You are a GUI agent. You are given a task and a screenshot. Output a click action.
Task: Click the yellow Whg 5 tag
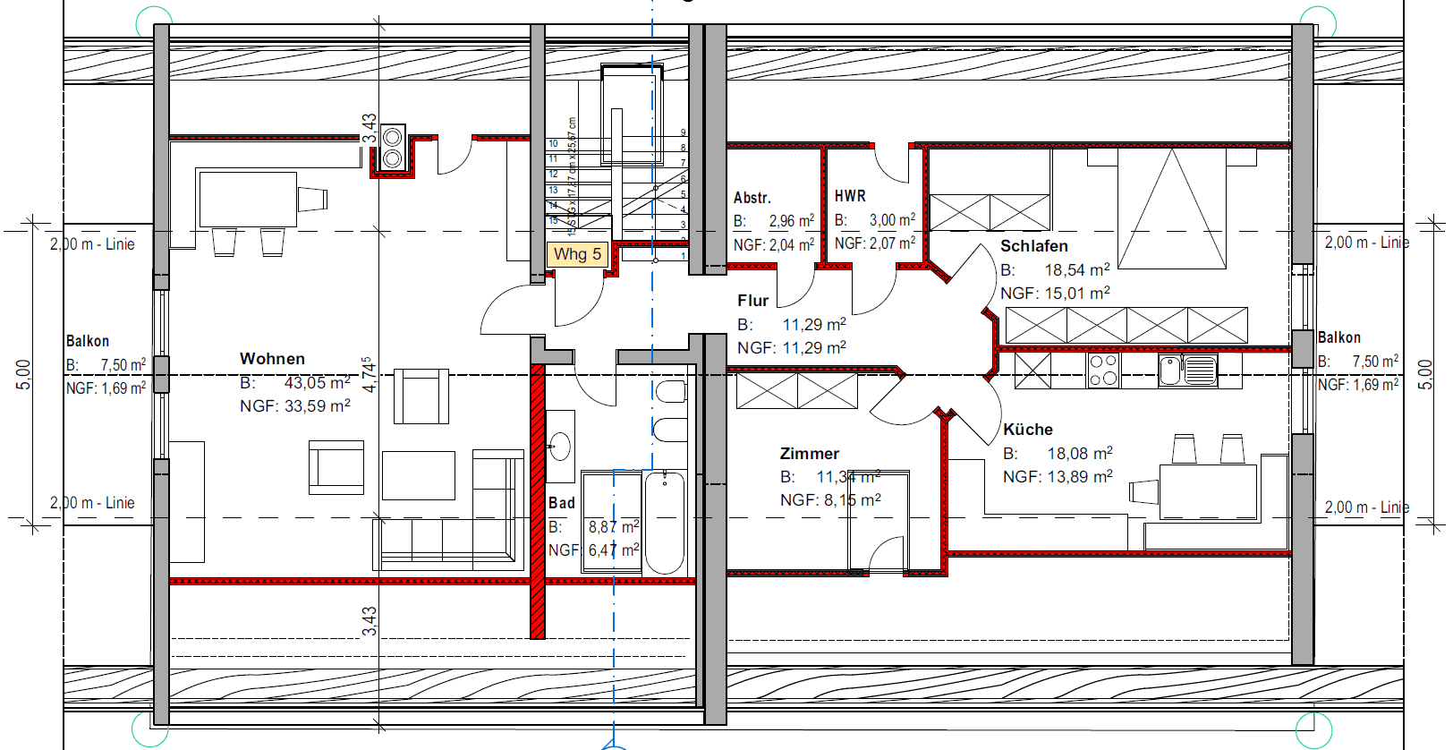(577, 254)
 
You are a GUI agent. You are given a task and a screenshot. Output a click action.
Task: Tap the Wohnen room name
(272, 359)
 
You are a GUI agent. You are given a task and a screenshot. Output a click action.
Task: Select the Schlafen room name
(1033, 246)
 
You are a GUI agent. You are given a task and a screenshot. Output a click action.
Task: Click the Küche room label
(1027, 430)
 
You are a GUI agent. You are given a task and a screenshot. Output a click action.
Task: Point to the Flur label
(752, 301)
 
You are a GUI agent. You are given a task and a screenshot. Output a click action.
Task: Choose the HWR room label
(850, 196)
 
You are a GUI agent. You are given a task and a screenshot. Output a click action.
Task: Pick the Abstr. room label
(752, 198)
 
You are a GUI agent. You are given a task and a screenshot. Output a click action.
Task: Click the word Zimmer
(809, 454)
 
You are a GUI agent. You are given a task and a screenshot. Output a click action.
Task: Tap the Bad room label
(562, 503)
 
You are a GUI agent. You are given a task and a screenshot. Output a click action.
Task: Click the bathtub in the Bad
(664, 523)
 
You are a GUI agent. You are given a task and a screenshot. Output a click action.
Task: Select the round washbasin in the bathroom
(560, 446)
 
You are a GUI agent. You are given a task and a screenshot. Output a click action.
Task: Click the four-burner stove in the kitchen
(1103, 370)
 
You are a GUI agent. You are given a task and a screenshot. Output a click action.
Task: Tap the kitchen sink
(1187, 370)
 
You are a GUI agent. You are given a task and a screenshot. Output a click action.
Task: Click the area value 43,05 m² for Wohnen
(318, 383)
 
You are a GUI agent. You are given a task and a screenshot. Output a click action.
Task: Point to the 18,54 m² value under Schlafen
(1077, 270)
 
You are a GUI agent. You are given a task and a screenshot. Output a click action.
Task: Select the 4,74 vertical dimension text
(369, 375)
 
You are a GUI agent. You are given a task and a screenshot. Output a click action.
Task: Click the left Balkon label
(88, 341)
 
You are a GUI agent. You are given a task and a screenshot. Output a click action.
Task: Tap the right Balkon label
(1339, 337)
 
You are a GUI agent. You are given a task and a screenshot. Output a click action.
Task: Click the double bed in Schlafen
(1171, 209)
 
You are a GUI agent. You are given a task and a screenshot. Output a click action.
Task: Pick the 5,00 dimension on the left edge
(24, 374)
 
